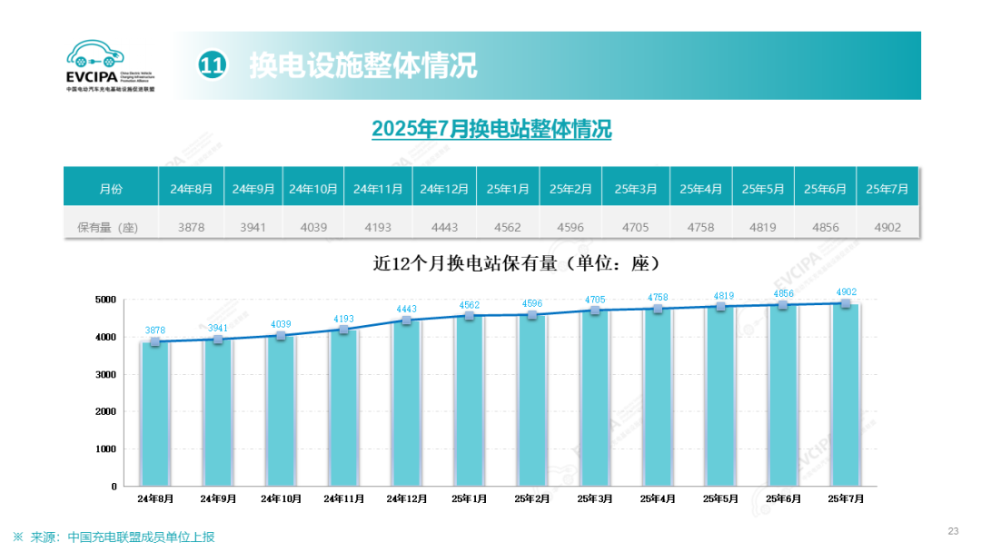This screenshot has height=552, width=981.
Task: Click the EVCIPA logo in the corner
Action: (x=110, y=65)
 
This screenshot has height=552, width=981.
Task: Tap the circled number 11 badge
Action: (x=212, y=65)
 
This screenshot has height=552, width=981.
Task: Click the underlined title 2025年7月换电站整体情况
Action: (x=491, y=130)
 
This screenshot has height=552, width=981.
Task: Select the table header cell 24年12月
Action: (x=444, y=189)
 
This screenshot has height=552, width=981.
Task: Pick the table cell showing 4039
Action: (x=313, y=227)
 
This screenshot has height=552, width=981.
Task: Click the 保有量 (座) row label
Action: (x=108, y=227)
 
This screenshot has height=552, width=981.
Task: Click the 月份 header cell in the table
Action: (x=110, y=189)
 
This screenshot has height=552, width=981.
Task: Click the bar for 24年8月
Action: (x=155, y=413)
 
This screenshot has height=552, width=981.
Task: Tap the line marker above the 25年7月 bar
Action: (x=847, y=303)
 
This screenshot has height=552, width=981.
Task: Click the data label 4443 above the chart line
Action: (x=406, y=309)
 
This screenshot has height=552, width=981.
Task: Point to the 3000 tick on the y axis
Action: (x=107, y=374)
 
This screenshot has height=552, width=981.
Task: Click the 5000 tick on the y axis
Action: (x=107, y=300)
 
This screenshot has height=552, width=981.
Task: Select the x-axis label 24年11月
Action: (x=344, y=498)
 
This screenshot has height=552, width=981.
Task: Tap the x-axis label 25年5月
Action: (x=720, y=498)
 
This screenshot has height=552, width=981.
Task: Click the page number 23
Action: (x=953, y=531)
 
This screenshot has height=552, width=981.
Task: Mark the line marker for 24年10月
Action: (x=282, y=336)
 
